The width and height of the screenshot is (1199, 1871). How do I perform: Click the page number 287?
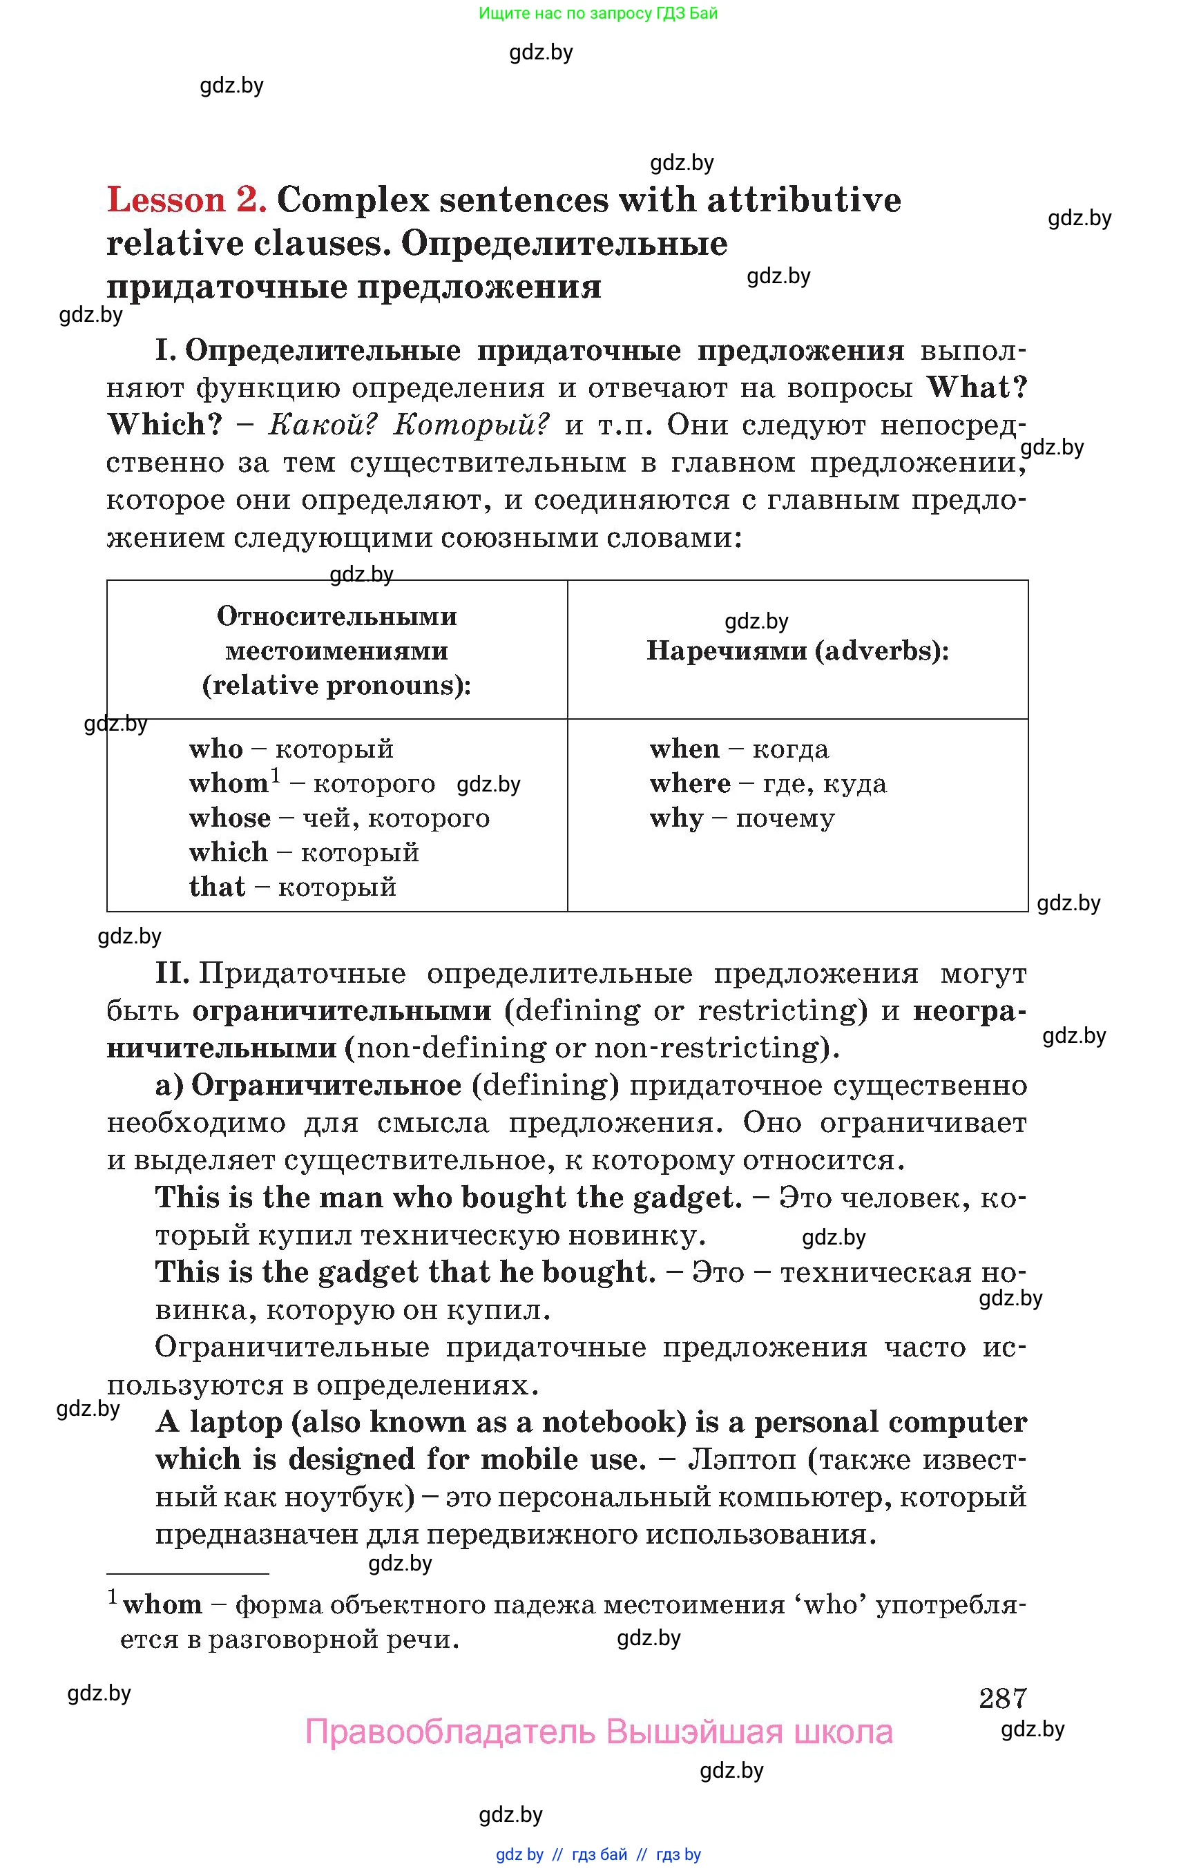(1002, 1698)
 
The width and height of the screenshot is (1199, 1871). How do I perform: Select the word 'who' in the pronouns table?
(215, 749)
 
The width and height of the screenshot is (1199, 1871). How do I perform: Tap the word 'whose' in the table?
(230, 818)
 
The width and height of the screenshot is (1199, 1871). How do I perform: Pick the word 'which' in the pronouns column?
(228, 852)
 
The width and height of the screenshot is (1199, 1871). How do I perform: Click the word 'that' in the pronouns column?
(216, 887)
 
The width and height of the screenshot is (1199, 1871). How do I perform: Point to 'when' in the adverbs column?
(684, 749)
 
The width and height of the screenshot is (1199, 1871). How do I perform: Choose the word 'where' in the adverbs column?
(690, 783)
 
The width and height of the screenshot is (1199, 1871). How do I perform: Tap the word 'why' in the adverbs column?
(675, 818)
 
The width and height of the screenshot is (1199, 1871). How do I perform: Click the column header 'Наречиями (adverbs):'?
(797, 651)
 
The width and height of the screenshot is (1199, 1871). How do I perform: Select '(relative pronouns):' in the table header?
(336, 685)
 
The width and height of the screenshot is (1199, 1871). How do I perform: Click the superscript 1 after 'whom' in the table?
(276, 775)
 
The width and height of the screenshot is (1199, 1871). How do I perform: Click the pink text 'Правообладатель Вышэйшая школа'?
(598, 1732)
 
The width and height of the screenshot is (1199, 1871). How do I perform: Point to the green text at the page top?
(598, 13)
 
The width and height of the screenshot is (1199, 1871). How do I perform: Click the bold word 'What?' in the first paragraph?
(977, 387)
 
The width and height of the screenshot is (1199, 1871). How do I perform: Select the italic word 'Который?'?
(471, 425)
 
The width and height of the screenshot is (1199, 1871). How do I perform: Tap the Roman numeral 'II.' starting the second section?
(171, 973)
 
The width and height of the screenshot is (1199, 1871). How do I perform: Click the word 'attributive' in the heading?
(803, 200)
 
